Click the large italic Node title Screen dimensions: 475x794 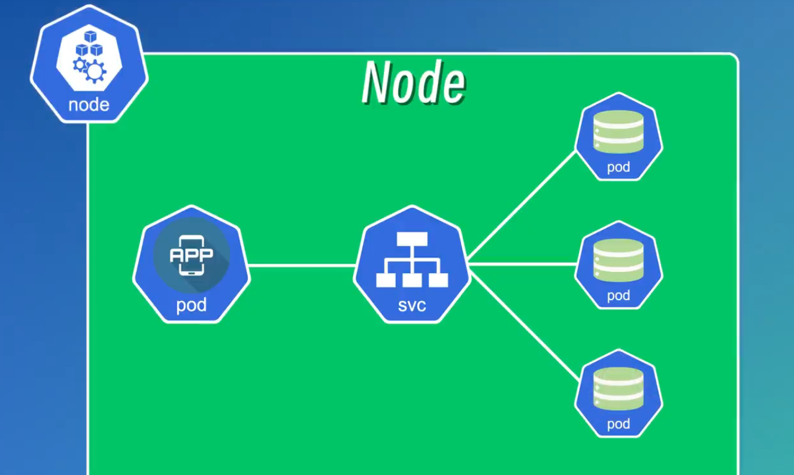413,83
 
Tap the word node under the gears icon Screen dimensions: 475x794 89,105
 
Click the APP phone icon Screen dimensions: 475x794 191,254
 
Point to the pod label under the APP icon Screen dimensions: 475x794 191,305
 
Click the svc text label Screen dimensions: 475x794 412,305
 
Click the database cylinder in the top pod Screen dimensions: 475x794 619,132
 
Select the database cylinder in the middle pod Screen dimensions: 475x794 619,261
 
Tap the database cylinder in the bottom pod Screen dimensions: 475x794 619,389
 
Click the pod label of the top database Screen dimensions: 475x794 619,167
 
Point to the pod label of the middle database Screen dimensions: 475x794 619,295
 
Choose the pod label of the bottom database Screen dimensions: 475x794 619,424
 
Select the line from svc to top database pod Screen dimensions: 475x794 522,206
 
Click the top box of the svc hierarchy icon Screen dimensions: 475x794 412,238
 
